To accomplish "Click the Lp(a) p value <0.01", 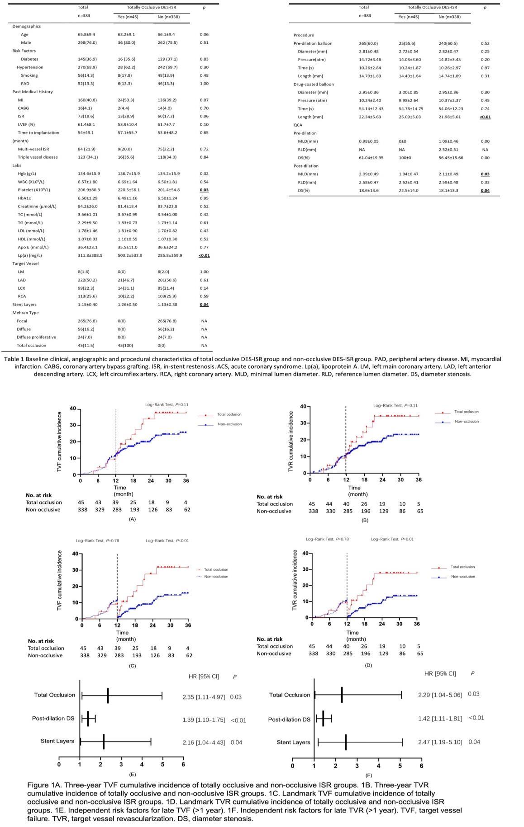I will (x=204, y=255).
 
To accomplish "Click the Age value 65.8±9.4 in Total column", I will (x=86, y=34).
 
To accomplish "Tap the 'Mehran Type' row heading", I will (x=25, y=313).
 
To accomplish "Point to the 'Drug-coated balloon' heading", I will (x=314, y=84).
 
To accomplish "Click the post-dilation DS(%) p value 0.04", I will (x=485, y=190).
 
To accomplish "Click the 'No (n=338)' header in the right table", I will (x=449, y=17).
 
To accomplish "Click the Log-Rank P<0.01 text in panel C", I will (x=167, y=540).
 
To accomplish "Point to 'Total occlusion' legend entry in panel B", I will (x=466, y=412).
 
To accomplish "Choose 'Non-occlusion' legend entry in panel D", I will (x=463, y=577).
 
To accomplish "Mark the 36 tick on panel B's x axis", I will (x=418, y=479).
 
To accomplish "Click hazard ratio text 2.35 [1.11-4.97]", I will (x=204, y=697).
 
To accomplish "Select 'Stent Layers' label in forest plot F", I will (x=293, y=742).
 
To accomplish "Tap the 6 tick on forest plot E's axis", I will (x=183, y=764).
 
